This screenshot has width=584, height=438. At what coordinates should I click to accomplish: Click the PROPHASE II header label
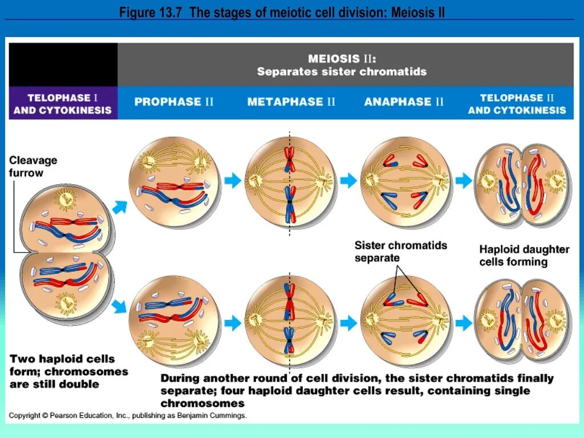pos(174,102)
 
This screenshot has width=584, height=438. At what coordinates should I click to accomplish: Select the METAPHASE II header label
pos(291,102)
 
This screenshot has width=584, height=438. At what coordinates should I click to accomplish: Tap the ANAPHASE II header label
pos(404,102)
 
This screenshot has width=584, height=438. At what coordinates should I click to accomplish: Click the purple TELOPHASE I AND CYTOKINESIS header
pos(63,104)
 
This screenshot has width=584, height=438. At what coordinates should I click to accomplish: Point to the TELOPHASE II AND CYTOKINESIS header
pos(517,104)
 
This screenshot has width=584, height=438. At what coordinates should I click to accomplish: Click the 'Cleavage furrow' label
pos(33,167)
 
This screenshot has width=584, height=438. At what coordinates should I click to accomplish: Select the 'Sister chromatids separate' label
pos(400,252)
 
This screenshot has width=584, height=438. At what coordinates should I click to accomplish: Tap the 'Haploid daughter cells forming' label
pos(524,255)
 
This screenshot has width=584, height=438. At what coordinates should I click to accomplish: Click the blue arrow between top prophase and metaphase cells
pos(232,181)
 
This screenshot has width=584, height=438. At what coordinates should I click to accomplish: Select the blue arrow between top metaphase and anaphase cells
pos(348,181)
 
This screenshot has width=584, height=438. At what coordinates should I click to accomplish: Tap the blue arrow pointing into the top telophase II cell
pos(463,181)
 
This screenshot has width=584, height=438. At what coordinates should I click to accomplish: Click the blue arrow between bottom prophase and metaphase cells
pos(232,323)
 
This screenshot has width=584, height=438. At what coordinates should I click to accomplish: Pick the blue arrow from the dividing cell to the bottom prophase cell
pos(119,307)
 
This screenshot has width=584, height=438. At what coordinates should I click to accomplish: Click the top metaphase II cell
pos(290,182)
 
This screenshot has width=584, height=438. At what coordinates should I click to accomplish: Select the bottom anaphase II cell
pos(406,323)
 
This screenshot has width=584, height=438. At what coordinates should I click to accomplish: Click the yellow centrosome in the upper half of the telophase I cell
pos(66,199)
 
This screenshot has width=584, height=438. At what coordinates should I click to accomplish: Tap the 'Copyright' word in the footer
pos(25,416)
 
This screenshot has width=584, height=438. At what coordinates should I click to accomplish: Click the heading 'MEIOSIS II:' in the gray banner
pos(342,59)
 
